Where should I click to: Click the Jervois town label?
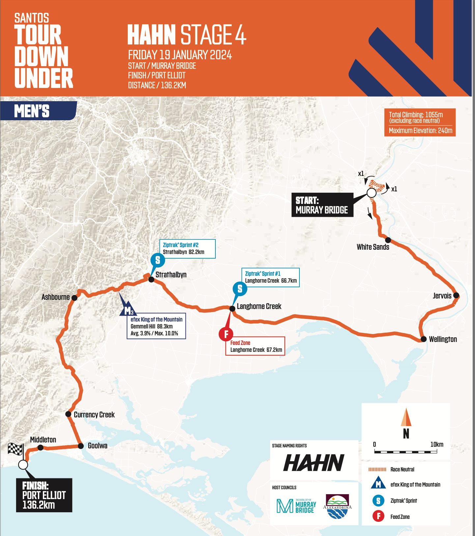click(442, 296)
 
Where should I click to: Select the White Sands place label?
click(373, 247)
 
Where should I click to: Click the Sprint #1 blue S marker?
click(240, 289)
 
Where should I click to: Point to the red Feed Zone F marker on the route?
click(226, 334)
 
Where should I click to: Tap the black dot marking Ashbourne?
click(74, 298)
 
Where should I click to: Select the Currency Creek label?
click(94, 415)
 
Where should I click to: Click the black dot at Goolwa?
click(81, 446)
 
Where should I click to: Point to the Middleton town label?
click(43, 440)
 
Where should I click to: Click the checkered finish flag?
click(15, 449)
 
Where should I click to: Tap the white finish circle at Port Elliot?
click(23, 465)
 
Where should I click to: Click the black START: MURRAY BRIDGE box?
click(322, 205)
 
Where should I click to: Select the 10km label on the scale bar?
click(437, 444)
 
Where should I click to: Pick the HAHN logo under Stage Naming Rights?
click(314, 463)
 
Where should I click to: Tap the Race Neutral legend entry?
click(402, 469)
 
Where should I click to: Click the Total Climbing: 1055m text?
click(416, 115)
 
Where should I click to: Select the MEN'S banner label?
click(32, 111)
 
